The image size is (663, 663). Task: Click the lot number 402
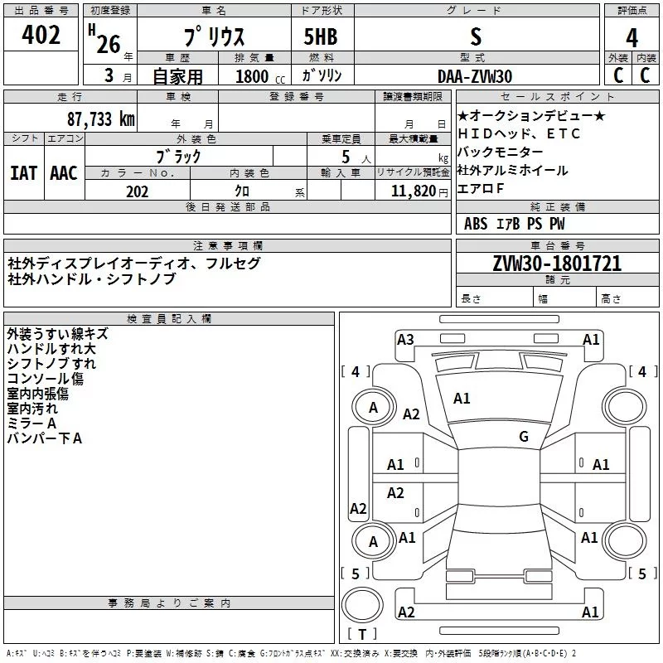click(x=41, y=35)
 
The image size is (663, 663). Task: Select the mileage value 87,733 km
click(x=101, y=119)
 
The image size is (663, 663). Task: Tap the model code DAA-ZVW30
click(x=475, y=76)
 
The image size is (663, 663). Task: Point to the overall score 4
click(x=632, y=38)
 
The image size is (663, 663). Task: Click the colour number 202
click(x=137, y=191)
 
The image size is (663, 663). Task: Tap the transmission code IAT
click(x=24, y=172)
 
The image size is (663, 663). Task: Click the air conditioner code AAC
click(x=64, y=172)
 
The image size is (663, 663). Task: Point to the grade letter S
click(x=475, y=37)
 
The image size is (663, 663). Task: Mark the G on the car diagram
click(x=523, y=436)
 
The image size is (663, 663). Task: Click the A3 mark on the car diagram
click(x=405, y=339)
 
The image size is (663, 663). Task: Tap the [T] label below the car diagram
click(x=362, y=635)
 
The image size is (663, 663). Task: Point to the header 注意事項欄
click(x=227, y=246)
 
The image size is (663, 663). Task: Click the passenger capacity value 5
click(x=344, y=156)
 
